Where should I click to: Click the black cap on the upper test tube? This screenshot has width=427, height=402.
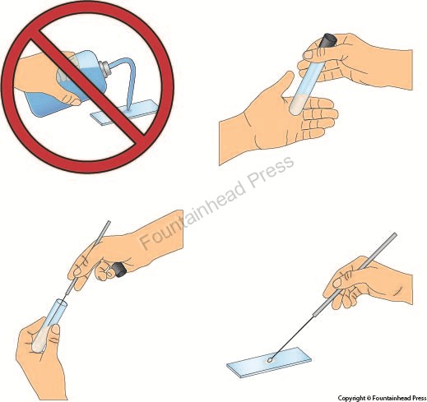coord(329,40)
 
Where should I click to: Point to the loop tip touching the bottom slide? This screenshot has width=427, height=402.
coord(271,360)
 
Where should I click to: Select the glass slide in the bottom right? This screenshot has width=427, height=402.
coord(269,363)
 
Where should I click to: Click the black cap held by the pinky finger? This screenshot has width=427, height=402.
coord(119,270)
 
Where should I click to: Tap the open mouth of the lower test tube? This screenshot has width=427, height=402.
coord(62,303)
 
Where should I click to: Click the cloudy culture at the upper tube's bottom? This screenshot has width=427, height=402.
coord(297,104)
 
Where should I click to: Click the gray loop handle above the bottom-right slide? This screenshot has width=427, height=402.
coord(355,274)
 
